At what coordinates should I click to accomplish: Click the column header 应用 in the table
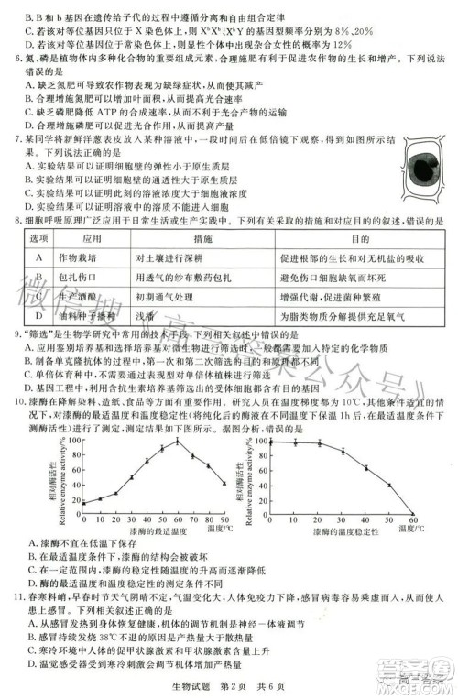tap(87, 237)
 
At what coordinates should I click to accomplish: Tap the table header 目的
tap(350, 237)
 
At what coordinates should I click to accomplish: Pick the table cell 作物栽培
tap(87, 257)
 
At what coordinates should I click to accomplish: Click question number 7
tap(19, 144)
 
